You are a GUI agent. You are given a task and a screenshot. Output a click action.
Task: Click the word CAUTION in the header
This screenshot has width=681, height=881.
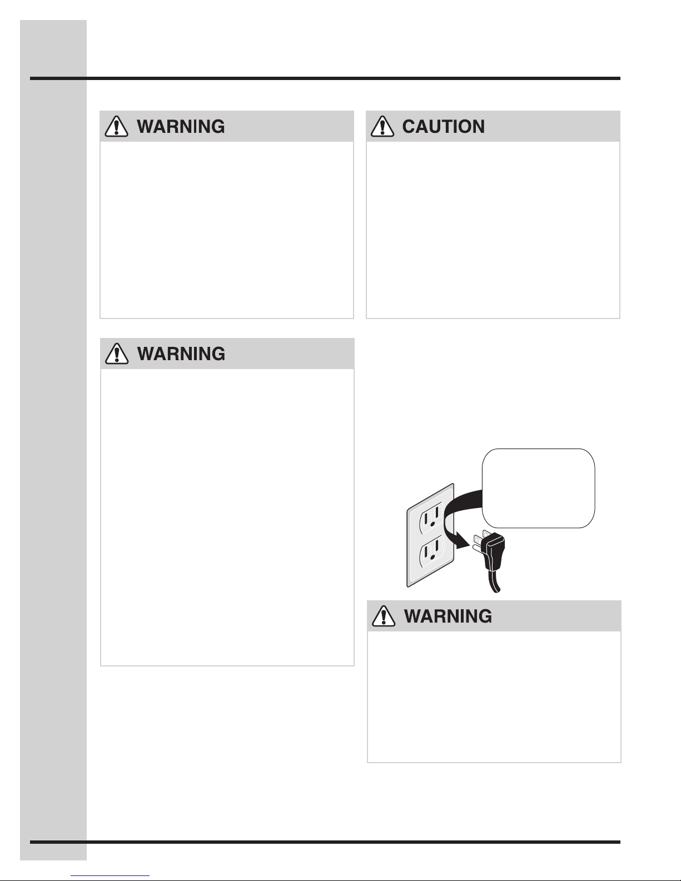pos(443,127)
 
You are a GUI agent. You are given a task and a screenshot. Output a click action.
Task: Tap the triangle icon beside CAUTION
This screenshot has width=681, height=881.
pos(382,126)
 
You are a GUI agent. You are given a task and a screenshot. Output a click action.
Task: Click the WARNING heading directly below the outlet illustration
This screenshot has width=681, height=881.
pos(448,616)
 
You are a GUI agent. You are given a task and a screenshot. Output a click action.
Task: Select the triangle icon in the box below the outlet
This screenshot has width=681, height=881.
pos(384,616)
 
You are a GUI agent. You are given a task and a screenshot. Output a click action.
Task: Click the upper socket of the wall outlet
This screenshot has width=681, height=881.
pos(431,517)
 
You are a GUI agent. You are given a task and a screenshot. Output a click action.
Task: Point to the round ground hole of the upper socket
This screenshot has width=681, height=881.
pos(433,524)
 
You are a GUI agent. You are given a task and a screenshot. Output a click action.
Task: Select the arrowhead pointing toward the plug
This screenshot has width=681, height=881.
pos(463,541)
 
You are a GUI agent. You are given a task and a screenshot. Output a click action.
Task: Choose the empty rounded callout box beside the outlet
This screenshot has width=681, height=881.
pos(538,488)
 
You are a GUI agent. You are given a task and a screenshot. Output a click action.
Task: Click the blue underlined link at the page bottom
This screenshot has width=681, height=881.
pos(110,876)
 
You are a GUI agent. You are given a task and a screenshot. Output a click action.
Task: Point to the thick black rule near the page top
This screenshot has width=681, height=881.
pos(325,78)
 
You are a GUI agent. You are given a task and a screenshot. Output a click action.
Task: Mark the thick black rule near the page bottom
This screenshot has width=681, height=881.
pos(325,842)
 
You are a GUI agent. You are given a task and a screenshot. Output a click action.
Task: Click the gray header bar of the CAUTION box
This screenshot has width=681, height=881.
pos(493,126)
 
